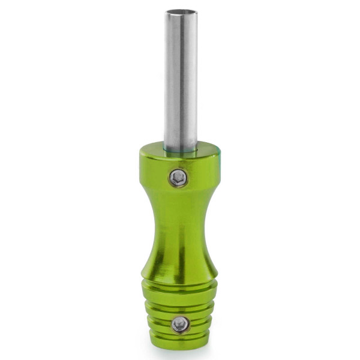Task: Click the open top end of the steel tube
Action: tap(181, 11)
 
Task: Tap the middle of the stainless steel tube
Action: tap(181, 78)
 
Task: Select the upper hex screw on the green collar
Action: tap(178, 178)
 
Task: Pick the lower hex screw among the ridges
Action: tap(180, 325)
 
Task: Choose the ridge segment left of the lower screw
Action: tap(159, 324)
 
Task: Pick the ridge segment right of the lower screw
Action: tap(201, 324)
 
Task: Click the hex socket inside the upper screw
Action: tap(178, 178)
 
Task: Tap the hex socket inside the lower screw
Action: tap(180, 325)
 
